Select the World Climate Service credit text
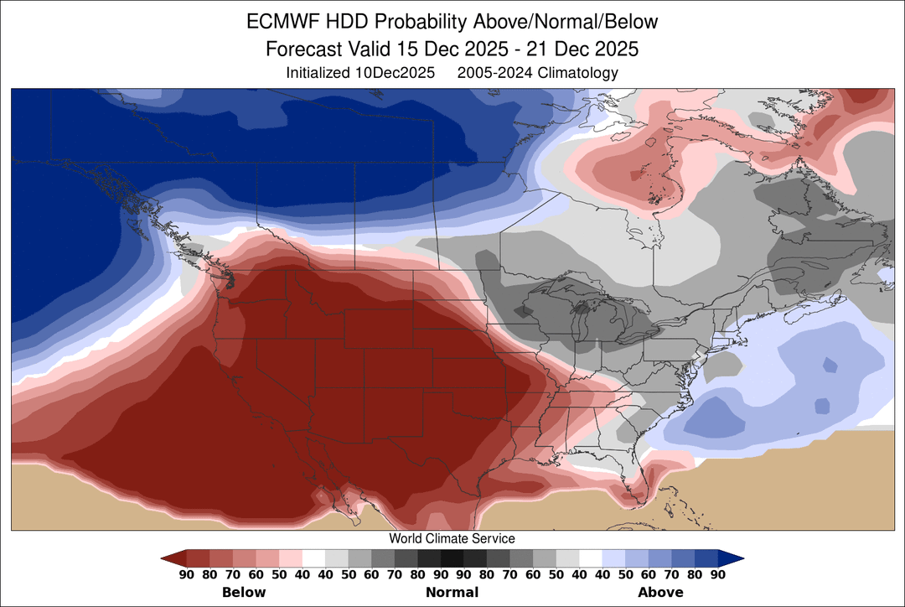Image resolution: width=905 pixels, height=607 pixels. click(x=452, y=538)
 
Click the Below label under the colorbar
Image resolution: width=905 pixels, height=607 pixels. click(x=244, y=592)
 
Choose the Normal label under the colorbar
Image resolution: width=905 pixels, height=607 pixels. click(x=452, y=592)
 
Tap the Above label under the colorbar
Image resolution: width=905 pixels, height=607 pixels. click(x=660, y=592)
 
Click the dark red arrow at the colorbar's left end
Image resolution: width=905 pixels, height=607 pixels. click(x=173, y=558)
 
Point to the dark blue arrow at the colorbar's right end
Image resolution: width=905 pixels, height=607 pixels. click(x=732, y=558)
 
